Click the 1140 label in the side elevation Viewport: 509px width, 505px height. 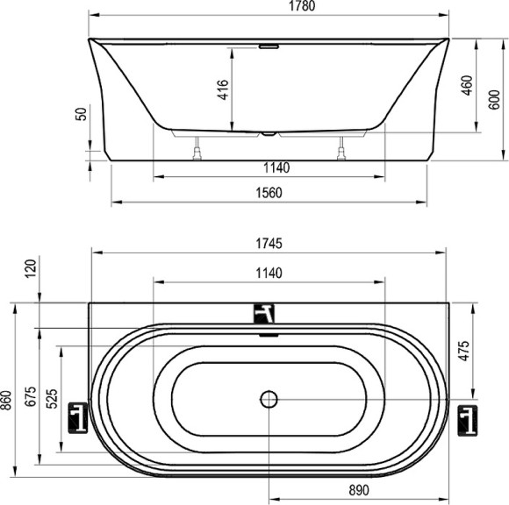(x=268, y=167)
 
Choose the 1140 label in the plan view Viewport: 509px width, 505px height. (x=268, y=273)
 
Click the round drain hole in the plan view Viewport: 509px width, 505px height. (x=269, y=400)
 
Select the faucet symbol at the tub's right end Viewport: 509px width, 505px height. (x=468, y=419)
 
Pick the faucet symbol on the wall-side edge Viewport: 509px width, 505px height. (x=266, y=312)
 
